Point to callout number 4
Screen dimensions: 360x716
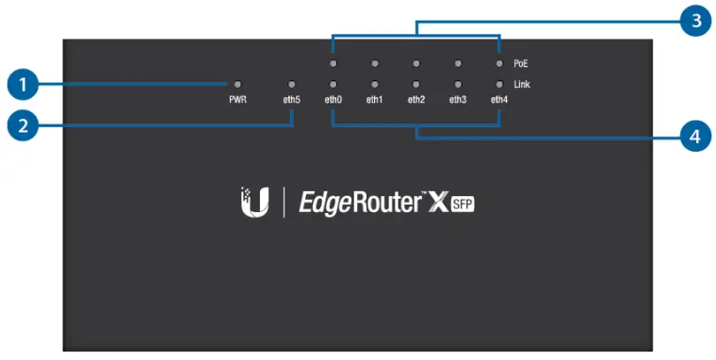coord(694,137)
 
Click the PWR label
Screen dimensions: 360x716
coord(237,99)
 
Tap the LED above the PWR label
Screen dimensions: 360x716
coord(237,84)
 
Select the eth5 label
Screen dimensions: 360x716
coord(291,99)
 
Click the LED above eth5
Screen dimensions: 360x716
coord(291,84)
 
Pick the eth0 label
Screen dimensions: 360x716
coord(333,99)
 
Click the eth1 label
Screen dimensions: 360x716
coord(374,99)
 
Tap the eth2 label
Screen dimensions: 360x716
coord(415,99)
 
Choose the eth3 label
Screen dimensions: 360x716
coord(457,99)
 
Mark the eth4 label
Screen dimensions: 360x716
coord(498,99)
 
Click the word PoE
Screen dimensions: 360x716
coord(521,64)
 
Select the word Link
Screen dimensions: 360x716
coord(522,84)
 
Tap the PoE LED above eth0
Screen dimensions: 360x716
coord(333,64)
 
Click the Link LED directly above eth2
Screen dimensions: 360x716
coord(415,84)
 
